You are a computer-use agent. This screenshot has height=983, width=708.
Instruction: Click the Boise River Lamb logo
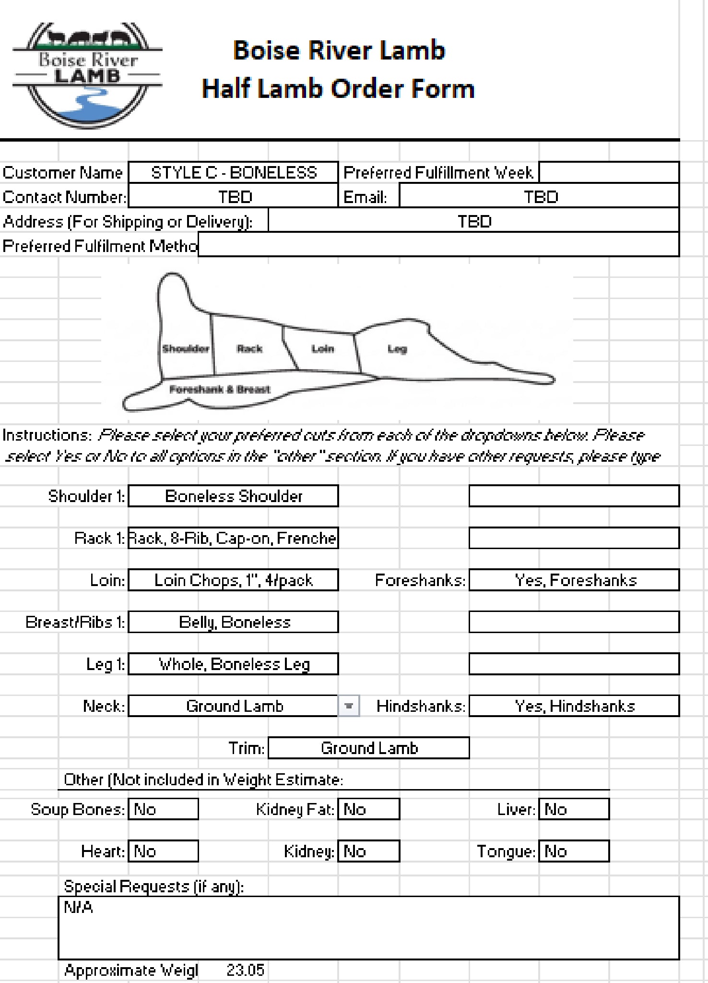pyautogui.click(x=87, y=75)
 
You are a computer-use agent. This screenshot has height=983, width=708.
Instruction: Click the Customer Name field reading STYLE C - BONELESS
pyautogui.click(x=234, y=172)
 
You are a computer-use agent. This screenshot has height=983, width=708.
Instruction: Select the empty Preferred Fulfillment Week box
pyautogui.click(x=608, y=172)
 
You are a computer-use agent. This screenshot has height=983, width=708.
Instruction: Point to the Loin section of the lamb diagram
pyautogui.click(x=322, y=349)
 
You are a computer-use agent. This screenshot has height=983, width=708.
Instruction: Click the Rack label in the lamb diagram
pyautogui.click(x=249, y=349)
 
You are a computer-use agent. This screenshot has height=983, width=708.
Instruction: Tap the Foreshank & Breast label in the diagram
pyautogui.click(x=220, y=389)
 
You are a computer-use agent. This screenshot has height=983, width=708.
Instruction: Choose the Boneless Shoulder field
pyautogui.click(x=234, y=496)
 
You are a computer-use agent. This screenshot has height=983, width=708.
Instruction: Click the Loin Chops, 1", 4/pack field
pyautogui.click(x=234, y=580)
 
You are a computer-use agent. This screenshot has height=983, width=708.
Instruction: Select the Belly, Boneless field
pyautogui.click(x=234, y=622)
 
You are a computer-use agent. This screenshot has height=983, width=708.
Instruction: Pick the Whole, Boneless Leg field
pyautogui.click(x=234, y=664)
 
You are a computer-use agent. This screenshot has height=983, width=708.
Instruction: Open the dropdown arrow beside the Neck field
pyautogui.click(x=349, y=706)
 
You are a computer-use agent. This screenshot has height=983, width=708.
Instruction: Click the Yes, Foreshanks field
pyautogui.click(x=574, y=580)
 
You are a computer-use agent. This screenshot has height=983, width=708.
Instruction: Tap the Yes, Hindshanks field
pyautogui.click(x=574, y=706)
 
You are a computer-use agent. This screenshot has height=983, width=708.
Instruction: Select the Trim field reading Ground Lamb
pyautogui.click(x=368, y=748)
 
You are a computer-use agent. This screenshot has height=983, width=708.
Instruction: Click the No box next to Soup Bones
pyautogui.click(x=163, y=809)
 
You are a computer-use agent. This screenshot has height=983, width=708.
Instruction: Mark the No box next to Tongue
pyautogui.click(x=574, y=851)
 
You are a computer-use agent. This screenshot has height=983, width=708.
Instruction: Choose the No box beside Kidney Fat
pyautogui.click(x=368, y=809)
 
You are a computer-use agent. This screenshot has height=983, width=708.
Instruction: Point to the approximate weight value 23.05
pyautogui.click(x=245, y=970)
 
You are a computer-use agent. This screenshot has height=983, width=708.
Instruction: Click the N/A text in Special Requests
pyautogui.click(x=79, y=907)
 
